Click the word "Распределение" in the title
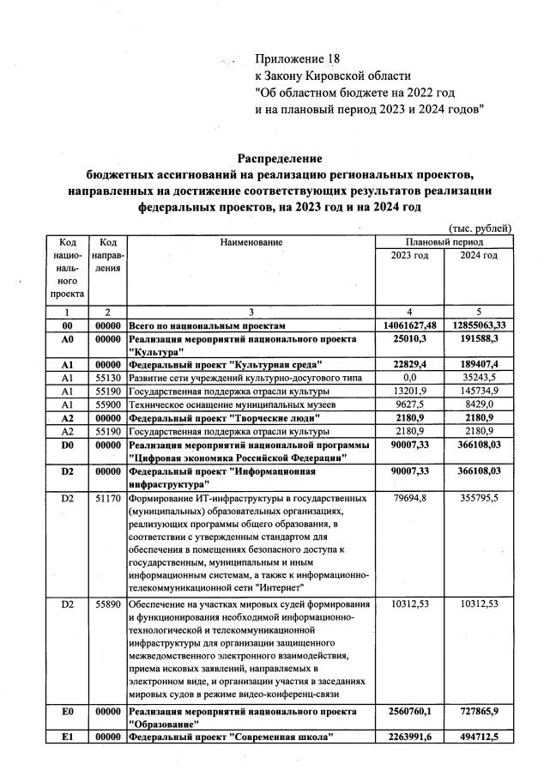coord(279,159)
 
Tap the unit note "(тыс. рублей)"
coord(480,228)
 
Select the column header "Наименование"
coord(251,243)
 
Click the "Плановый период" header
coord(444,243)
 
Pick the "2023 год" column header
coord(409,256)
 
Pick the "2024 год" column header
coord(478,256)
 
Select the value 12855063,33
coord(478,326)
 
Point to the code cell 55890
coord(108,604)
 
